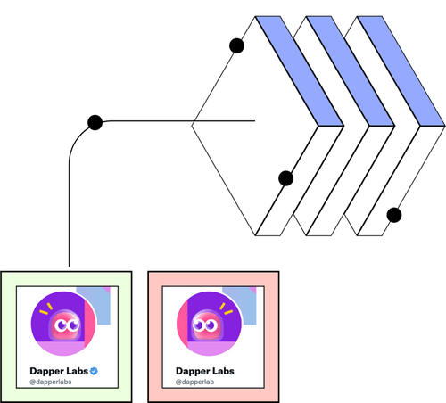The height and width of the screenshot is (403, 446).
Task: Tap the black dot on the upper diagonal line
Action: (235, 45)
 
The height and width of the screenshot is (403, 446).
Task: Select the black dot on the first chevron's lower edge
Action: (285, 179)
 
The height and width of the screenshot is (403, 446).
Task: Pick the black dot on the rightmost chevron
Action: (392, 214)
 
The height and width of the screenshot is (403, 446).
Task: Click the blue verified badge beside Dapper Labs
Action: (93, 369)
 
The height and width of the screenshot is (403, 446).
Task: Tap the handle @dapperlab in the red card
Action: (196, 382)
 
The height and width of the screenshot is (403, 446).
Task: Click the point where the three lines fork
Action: (194, 121)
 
